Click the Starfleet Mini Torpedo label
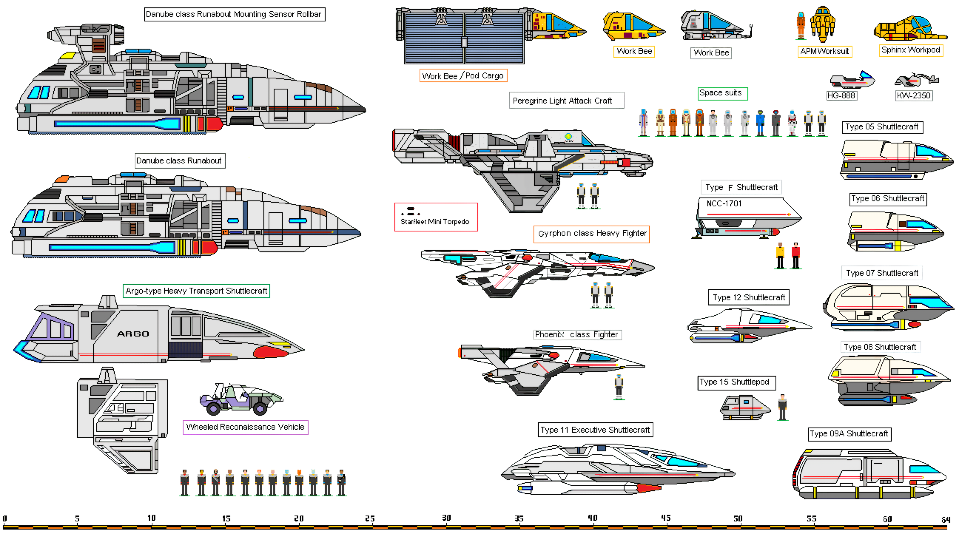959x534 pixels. (x=434, y=222)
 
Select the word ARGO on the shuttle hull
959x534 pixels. (x=133, y=334)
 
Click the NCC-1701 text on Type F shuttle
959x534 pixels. (x=724, y=203)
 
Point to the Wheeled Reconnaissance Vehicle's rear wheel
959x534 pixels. (x=213, y=409)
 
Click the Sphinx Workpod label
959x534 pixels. (x=911, y=50)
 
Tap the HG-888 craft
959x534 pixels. (x=852, y=80)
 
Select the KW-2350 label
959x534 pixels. (x=913, y=96)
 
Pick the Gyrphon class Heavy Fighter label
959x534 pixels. (x=592, y=234)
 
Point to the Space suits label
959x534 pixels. (x=722, y=93)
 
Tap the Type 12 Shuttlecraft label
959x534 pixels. (x=748, y=297)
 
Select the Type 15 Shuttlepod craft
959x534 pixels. (x=744, y=408)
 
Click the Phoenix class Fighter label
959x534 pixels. (x=577, y=335)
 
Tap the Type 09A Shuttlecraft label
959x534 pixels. (x=849, y=434)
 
